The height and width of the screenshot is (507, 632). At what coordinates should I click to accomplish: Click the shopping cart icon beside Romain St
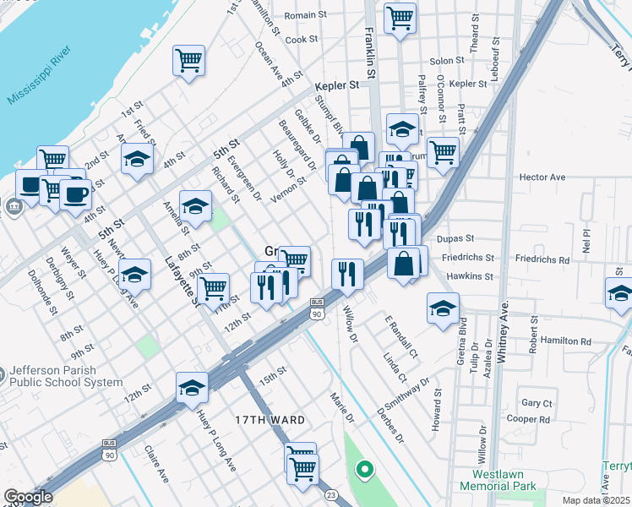(x=400, y=17)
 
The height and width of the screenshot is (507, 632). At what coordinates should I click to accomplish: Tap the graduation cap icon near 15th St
(x=192, y=386)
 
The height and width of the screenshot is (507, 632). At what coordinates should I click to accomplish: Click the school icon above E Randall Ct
(x=442, y=308)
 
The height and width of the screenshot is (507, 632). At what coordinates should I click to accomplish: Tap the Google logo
(x=28, y=497)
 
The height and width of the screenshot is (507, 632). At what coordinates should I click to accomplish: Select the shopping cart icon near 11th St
(x=214, y=288)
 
